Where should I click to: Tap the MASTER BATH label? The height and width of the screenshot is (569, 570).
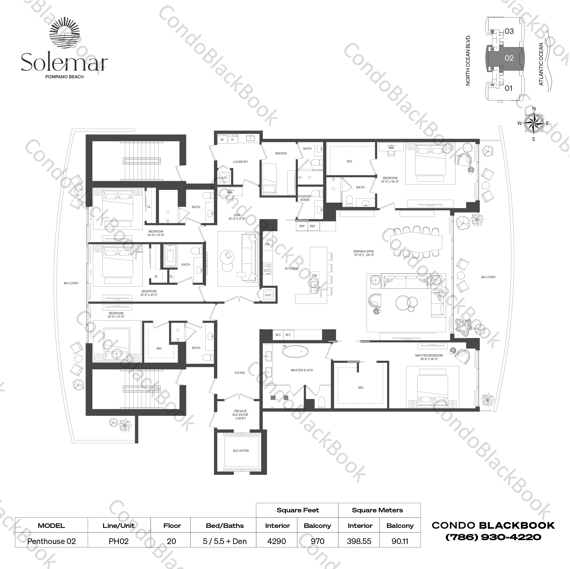(x=301, y=370)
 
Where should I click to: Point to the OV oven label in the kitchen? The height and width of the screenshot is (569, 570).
(x=267, y=244)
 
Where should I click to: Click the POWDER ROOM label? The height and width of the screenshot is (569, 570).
(x=305, y=198)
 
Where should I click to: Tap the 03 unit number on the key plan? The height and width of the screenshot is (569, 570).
(x=509, y=31)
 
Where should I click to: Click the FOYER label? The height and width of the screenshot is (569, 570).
(x=240, y=373)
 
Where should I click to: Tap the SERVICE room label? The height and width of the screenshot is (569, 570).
(x=281, y=154)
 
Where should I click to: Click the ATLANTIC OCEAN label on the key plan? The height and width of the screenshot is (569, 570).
(x=541, y=64)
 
